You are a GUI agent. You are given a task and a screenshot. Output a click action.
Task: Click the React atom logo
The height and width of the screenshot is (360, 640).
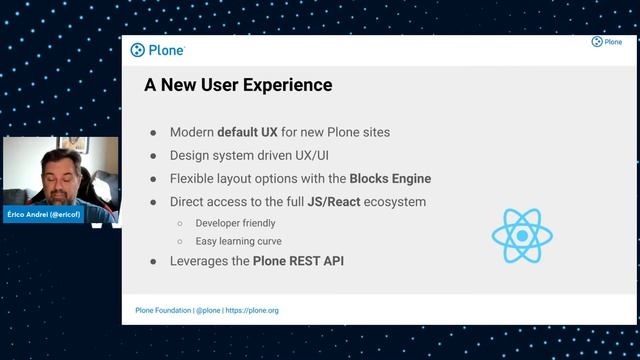pos(522,236)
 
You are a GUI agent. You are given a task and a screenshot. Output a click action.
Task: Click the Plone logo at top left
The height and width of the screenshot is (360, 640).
pos(158,50)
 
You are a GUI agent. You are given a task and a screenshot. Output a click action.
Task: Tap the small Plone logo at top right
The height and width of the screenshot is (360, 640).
pos(606,42)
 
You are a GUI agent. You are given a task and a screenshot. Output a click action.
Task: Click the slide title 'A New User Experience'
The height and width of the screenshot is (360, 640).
pos(238,85)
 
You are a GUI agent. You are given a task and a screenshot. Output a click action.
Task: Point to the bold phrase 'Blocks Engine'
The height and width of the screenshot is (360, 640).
pos(390,179)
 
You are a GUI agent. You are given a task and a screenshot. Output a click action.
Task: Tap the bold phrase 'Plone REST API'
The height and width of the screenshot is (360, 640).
pos(298,261)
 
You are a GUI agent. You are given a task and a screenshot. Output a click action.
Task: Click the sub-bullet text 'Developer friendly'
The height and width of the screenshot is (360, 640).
pos(235,223)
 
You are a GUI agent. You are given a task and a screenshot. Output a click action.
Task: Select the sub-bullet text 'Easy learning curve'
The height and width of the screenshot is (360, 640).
pos(238,241)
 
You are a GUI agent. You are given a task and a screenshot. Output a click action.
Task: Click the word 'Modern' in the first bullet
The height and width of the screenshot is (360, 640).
pos(192,132)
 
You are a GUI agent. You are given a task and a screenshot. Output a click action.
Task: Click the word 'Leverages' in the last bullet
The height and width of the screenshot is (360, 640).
pos(201,261)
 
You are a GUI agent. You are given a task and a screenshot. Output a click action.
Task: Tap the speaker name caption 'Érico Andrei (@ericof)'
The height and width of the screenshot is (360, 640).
pos(43,215)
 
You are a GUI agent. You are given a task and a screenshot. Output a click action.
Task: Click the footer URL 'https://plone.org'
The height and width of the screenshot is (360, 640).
pos(252,311)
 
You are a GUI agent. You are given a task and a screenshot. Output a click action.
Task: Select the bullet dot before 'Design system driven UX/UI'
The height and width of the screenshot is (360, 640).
pos(154,156)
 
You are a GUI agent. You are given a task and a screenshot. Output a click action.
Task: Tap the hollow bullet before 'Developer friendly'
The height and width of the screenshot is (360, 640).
pos(180,223)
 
